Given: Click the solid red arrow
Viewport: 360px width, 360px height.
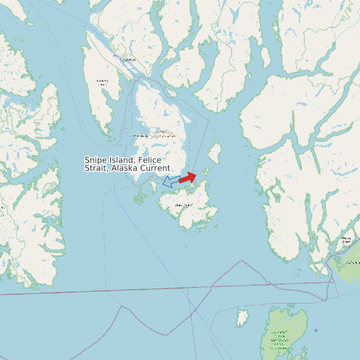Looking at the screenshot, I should click(x=187, y=178).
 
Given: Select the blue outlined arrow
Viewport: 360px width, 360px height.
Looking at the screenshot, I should click(x=171, y=181).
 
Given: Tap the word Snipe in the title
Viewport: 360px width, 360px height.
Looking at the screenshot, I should click(x=95, y=160).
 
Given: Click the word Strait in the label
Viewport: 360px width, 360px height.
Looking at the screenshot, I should click(x=96, y=169).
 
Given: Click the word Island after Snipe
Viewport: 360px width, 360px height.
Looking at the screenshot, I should click(x=121, y=160).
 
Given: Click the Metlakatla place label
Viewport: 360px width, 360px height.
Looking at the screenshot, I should click(x=141, y=135).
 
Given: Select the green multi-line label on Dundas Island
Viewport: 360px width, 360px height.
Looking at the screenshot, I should click(x=281, y=339).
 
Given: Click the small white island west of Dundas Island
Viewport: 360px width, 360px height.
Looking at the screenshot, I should click(x=242, y=317).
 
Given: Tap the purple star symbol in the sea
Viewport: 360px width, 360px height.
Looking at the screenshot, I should click(x=315, y=330).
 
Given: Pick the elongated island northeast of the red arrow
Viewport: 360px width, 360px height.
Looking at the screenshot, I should click(x=215, y=154).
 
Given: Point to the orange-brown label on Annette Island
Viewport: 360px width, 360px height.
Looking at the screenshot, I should click(x=162, y=133).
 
